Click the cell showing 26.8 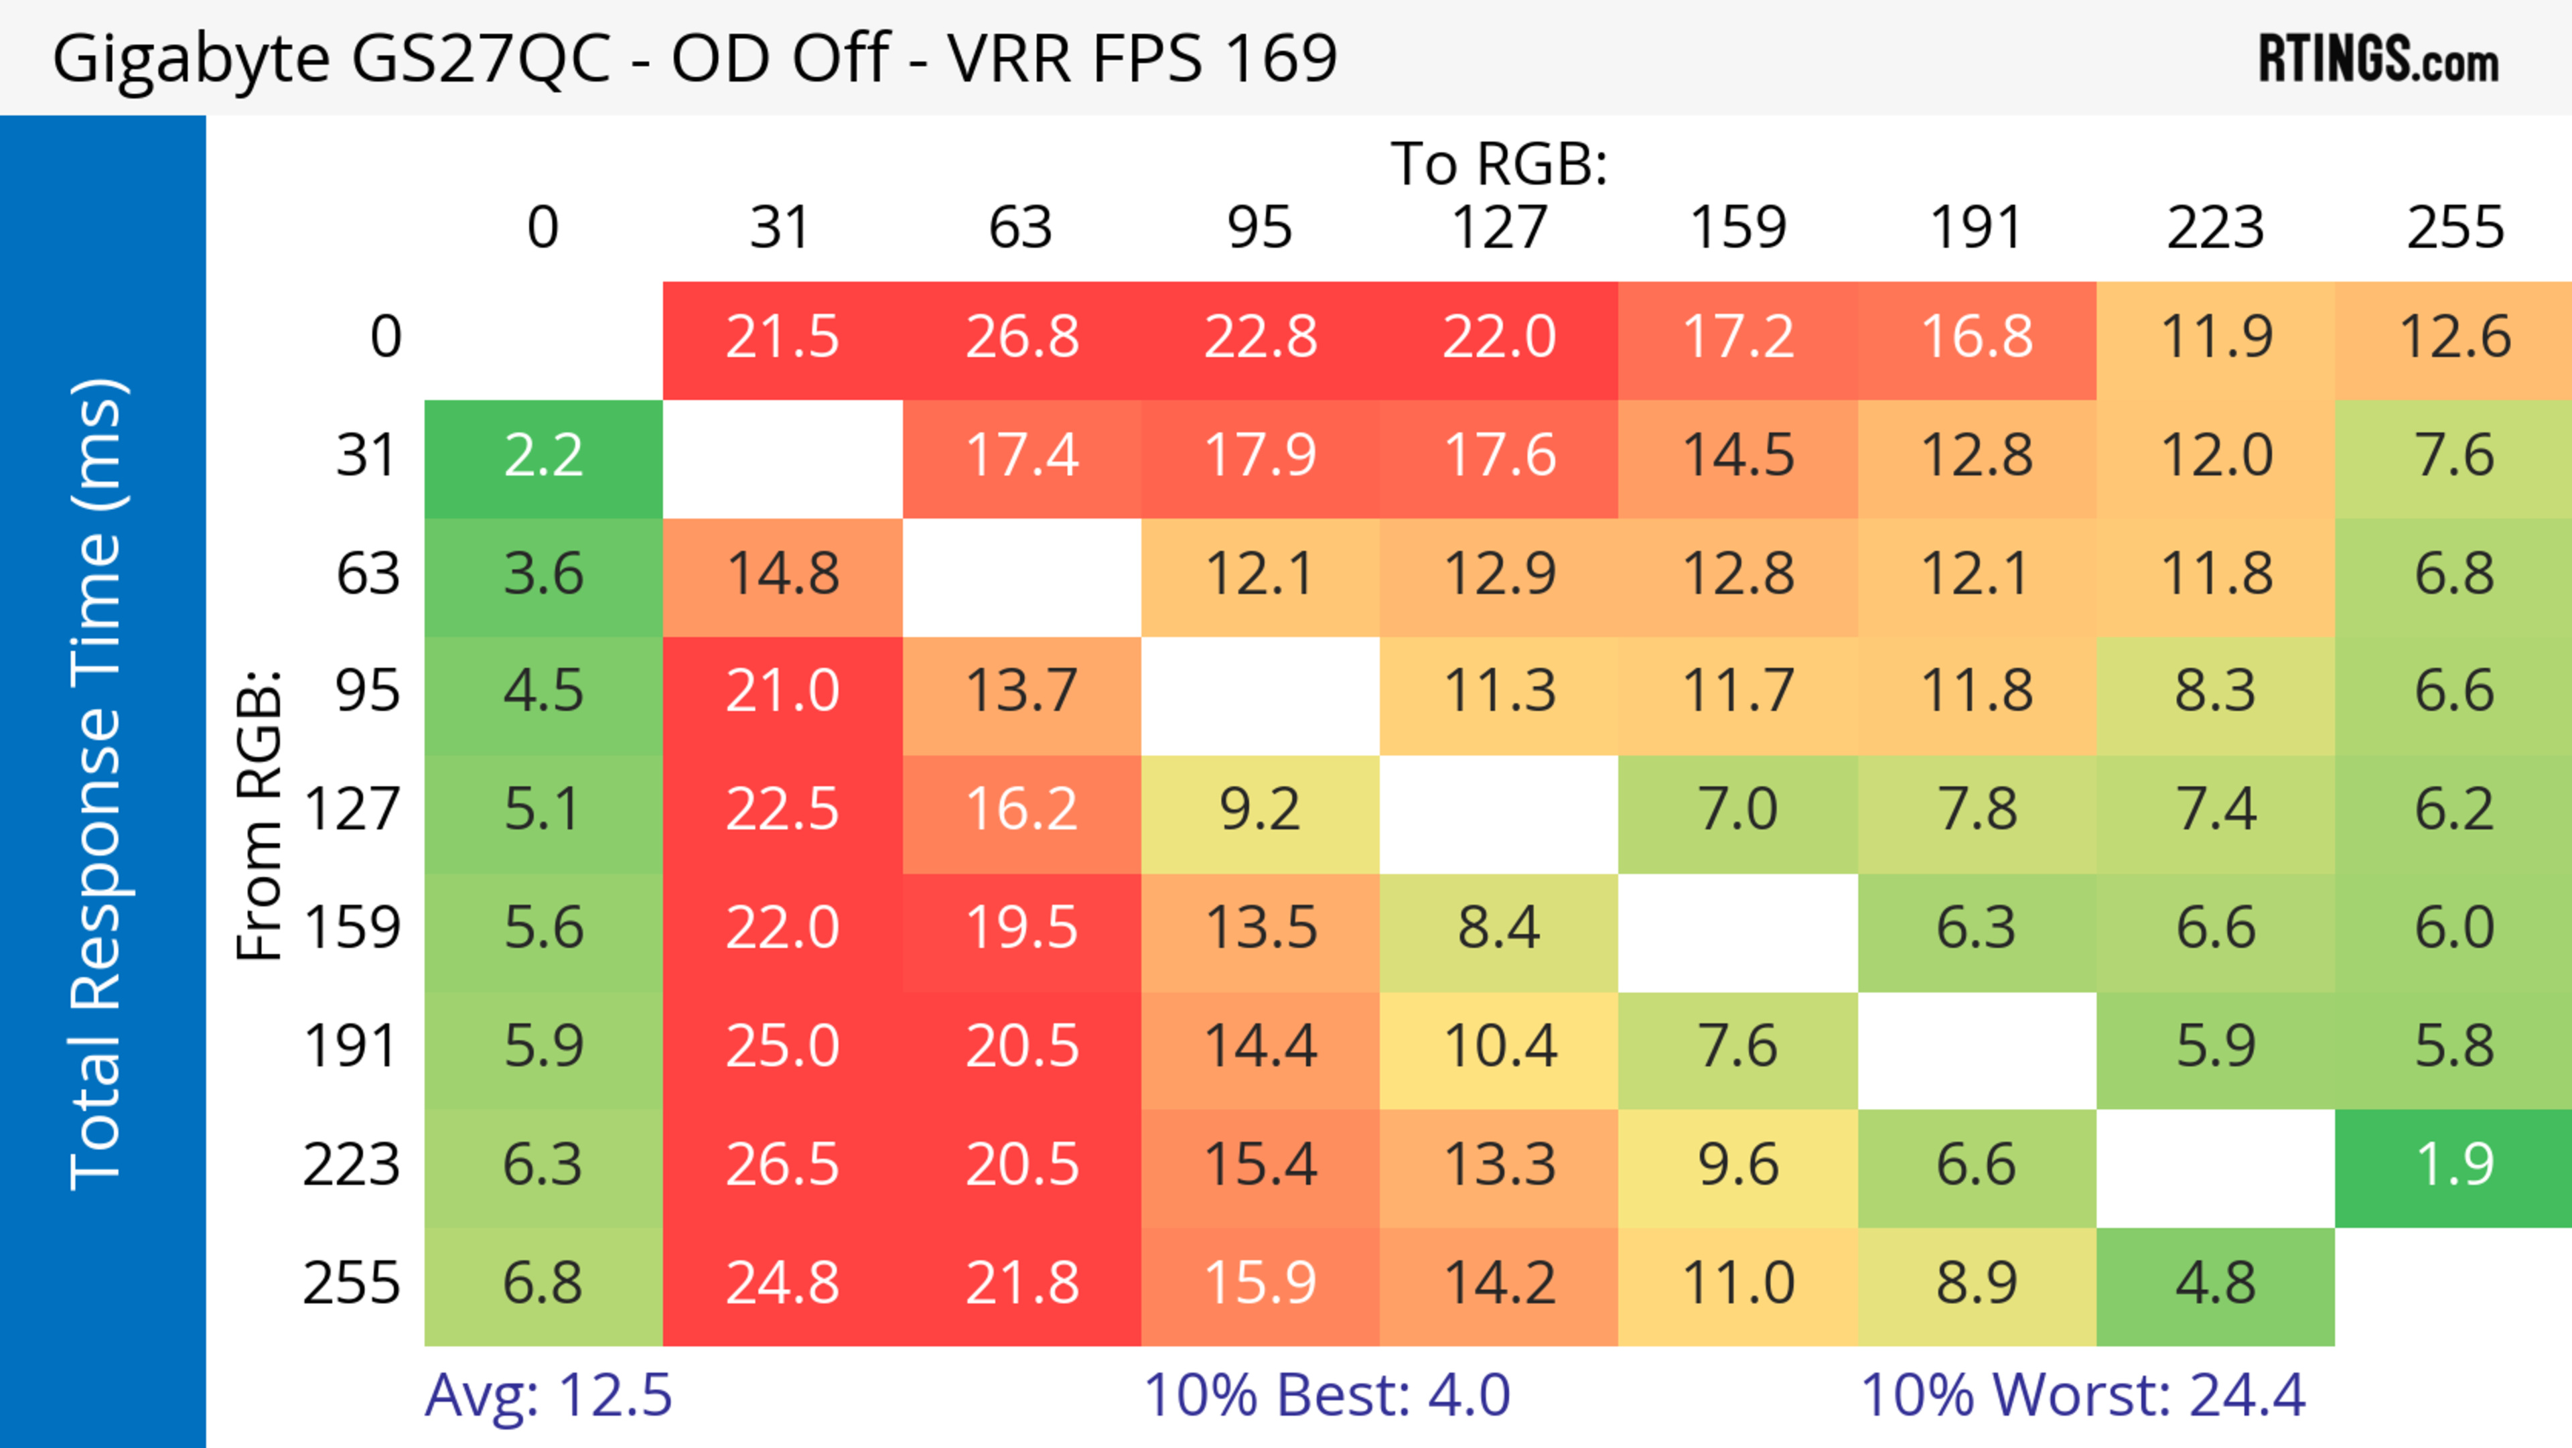pyautogui.click(x=1021, y=336)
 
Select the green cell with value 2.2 pyautogui.click(x=543, y=456)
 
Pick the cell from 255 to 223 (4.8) pyautogui.click(x=2214, y=1283)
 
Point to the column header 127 pyautogui.click(x=1499, y=228)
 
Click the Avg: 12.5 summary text pyautogui.click(x=548, y=1395)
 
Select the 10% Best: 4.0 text pyautogui.click(x=1326, y=1395)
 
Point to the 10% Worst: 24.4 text pyautogui.click(x=2083, y=1395)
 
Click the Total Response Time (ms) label pyautogui.click(x=98, y=784)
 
